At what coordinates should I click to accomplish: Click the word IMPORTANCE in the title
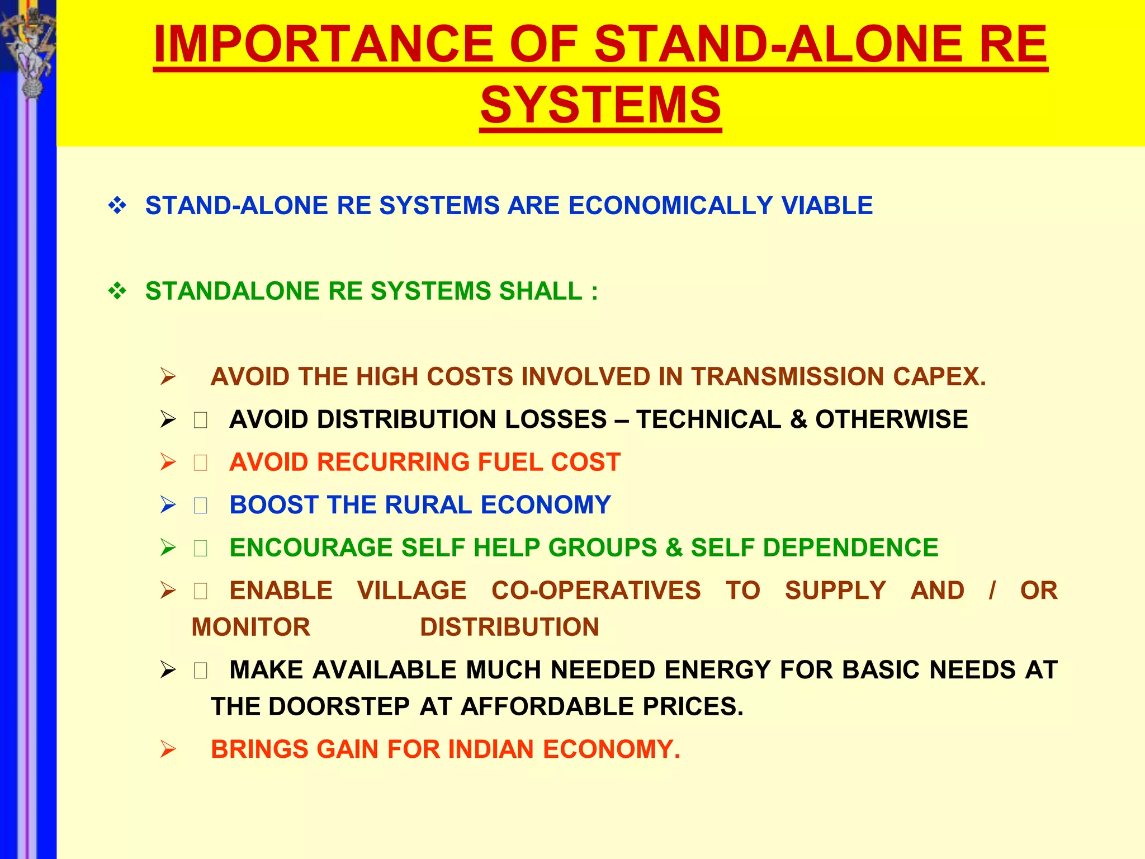[x=323, y=45]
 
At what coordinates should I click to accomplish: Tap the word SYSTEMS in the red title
[x=600, y=105]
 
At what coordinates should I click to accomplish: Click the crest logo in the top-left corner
[x=28, y=50]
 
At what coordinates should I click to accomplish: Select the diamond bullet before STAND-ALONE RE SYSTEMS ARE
[x=117, y=206]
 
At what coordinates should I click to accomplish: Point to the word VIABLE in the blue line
[x=827, y=206]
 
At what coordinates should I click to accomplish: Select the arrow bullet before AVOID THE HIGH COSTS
[x=168, y=377]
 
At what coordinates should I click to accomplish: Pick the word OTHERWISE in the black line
[x=891, y=419]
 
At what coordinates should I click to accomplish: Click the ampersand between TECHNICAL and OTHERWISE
[x=798, y=419]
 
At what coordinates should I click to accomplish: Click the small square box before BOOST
[x=201, y=506]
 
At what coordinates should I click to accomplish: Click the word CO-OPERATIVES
[x=595, y=591]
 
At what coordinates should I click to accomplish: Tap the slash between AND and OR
[x=992, y=591]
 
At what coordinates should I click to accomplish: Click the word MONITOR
[x=250, y=627]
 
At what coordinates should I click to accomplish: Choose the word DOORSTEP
[x=339, y=707]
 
